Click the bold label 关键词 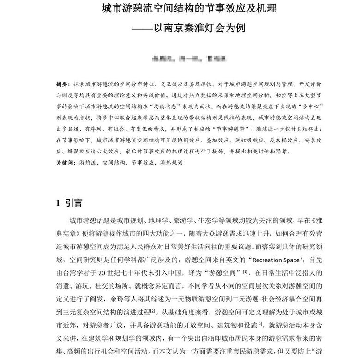pos(65,163)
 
